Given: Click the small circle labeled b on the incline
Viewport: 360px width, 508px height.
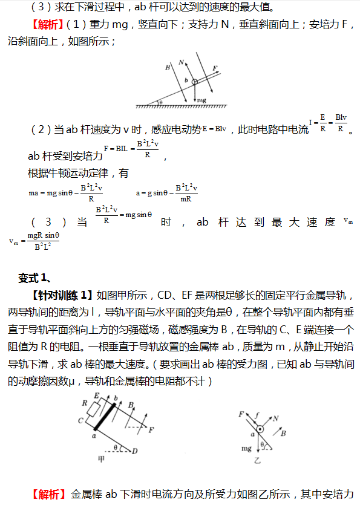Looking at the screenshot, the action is click(194, 83).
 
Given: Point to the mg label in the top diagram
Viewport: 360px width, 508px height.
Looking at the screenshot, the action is click(201, 99).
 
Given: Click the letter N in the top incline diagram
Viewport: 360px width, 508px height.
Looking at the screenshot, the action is click(182, 62).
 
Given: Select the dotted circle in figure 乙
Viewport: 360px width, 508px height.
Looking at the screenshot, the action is click(260, 430).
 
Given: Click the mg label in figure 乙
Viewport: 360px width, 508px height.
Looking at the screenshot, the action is click(246, 449).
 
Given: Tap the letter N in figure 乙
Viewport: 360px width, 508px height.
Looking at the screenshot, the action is click(275, 418).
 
